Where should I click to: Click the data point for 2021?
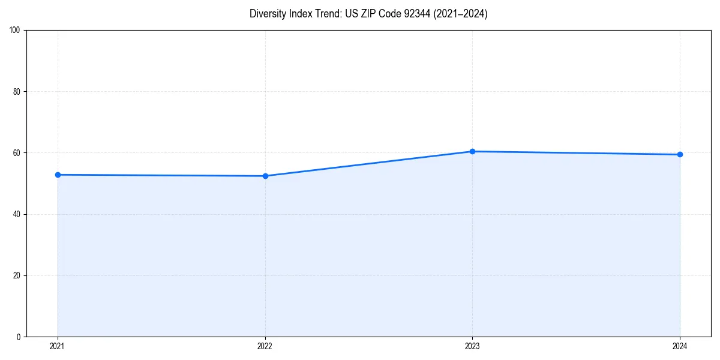coord(58,175)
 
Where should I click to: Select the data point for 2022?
coord(265,176)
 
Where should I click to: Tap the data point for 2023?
coord(472,151)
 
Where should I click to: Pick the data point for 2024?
coord(680,154)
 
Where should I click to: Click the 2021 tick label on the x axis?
coord(58,346)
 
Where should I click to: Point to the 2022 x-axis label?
coord(265,346)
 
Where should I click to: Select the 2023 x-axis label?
coord(472,346)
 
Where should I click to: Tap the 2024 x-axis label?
coord(680,346)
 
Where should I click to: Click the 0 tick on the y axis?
coord(19,337)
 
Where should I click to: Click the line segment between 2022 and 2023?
coord(368,164)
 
